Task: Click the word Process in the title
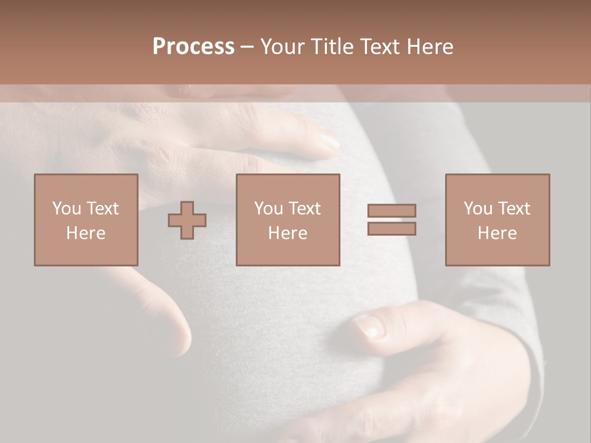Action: click(193, 47)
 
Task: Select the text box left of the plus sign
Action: click(86, 220)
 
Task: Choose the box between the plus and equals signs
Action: click(287, 220)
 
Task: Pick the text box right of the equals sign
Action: click(497, 220)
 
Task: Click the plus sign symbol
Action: click(187, 220)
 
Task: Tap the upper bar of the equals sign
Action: click(392, 210)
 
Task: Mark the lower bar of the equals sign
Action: click(392, 229)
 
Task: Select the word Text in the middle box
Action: click(304, 209)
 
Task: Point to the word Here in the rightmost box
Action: click(497, 233)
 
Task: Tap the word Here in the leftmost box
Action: click(86, 233)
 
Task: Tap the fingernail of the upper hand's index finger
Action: click(328, 142)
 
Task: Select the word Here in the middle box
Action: click(287, 233)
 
